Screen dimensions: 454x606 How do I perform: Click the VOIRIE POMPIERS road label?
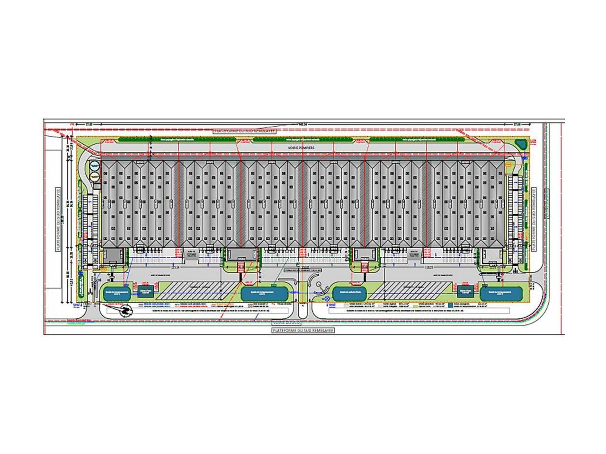302,148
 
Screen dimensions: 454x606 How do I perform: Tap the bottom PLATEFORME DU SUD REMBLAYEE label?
303,331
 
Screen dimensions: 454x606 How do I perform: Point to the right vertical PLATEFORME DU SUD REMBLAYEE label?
535,220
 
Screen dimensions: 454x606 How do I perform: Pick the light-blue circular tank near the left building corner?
95,166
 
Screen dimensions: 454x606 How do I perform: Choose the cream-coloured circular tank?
95,177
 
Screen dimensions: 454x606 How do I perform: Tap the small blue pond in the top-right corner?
519,143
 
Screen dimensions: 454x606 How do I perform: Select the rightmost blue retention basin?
501,293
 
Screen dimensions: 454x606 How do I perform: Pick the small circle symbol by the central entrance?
319,285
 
